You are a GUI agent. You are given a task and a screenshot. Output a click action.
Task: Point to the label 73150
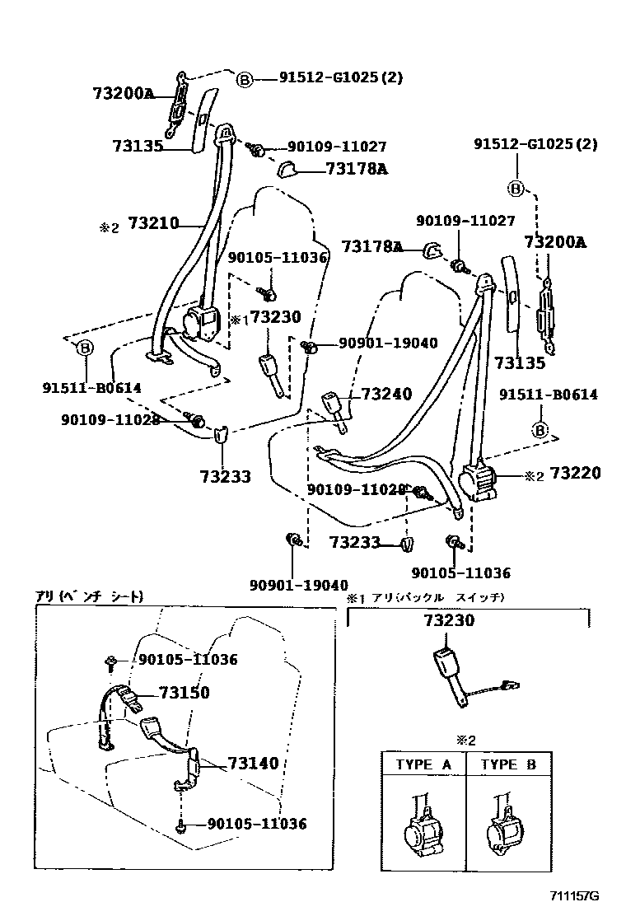(x=184, y=693)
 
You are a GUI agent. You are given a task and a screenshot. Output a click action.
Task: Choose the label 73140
(x=253, y=764)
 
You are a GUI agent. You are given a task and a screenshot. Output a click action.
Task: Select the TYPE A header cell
(x=423, y=764)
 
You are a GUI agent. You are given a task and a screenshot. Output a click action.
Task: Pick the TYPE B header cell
(x=507, y=764)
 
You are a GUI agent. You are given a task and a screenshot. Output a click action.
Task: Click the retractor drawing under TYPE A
(x=423, y=825)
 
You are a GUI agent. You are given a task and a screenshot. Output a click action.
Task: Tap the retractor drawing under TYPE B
(x=507, y=825)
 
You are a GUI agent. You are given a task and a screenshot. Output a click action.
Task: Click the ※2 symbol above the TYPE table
(x=467, y=740)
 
